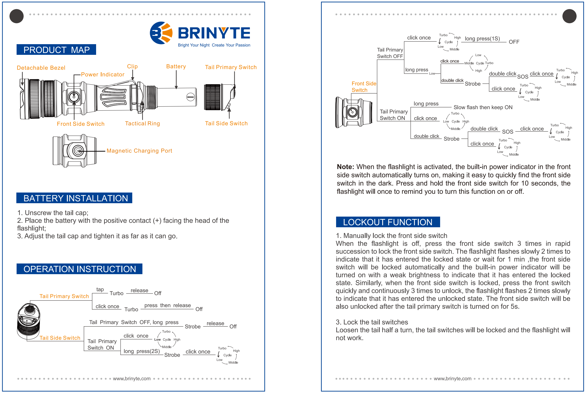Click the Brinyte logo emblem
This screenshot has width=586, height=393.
click(161, 33)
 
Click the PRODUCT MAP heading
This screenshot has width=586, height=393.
click(56, 50)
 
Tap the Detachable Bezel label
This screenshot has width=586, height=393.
click(41, 68)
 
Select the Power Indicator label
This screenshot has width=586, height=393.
click(103, 74)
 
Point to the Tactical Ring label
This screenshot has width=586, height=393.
click(142, 123)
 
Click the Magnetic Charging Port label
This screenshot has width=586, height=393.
click(139, 151)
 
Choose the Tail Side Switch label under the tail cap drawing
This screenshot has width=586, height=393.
click(226, 123)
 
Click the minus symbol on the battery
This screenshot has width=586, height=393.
click(190, 97)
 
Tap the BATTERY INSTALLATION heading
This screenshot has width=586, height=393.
click(76, 198)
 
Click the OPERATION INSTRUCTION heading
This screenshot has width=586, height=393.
click(80, 269)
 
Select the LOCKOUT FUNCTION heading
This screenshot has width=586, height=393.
click(388, 222)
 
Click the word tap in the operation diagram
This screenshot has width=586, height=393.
click(100, 290)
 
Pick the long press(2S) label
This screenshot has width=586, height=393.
click(142, 351)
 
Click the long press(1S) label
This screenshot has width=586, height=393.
click(482, 39)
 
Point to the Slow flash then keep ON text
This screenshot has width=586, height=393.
click(483, 107)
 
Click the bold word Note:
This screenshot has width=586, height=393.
click(345, 167)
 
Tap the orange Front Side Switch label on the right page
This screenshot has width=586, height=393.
click(364, 87)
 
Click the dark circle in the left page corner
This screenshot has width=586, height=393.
click(17, 16)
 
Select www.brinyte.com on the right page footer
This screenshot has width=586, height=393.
click(453, 378)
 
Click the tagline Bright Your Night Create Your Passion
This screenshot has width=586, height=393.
click(214, 45)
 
